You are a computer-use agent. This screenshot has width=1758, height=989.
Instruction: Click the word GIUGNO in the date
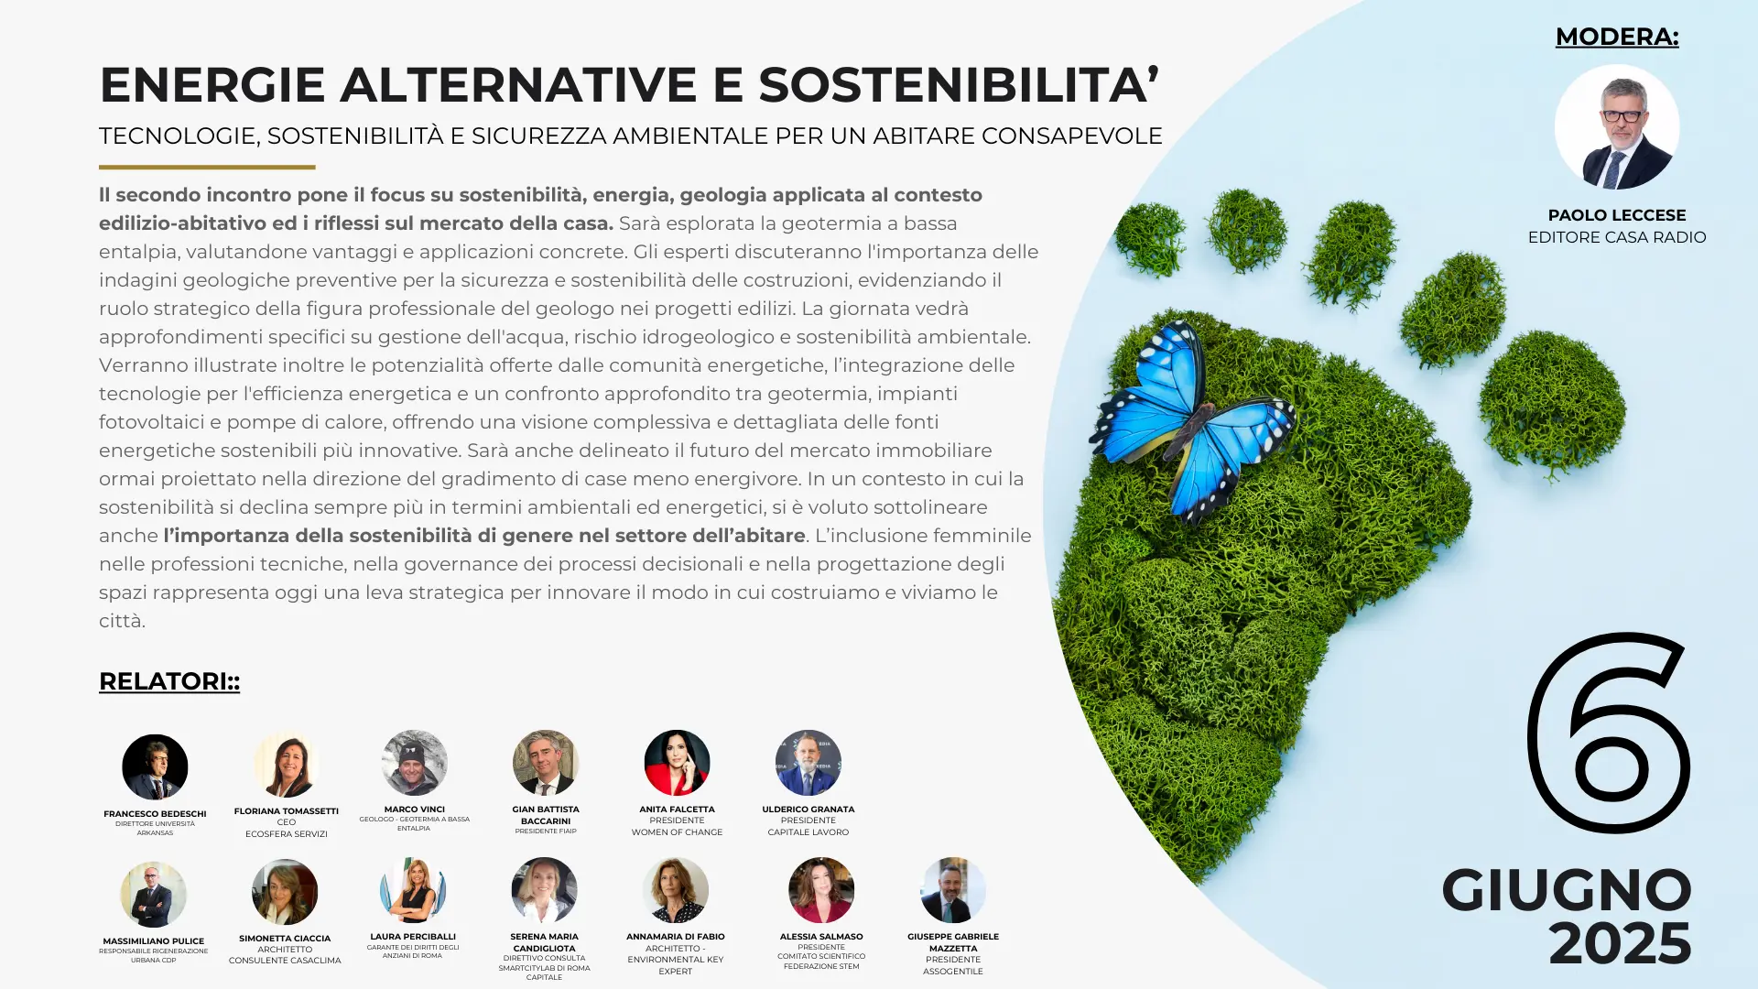[1567, 889]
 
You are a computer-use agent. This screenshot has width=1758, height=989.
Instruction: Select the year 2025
[1620, 943]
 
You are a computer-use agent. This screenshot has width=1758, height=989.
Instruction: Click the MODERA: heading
[1617, 37]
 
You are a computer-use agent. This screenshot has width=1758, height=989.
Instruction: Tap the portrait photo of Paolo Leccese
[1617, 126]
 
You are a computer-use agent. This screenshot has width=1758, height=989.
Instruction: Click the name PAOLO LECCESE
[1617, 215]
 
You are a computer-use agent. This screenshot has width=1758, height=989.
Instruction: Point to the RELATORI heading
[169, 681]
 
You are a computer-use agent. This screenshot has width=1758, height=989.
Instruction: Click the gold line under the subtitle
[207, 167]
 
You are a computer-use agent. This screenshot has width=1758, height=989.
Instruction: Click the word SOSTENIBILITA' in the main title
[959, 84]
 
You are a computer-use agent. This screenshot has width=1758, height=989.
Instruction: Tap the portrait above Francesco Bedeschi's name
[155, 767]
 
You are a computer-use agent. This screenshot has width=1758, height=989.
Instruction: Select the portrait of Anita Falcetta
[677, 763]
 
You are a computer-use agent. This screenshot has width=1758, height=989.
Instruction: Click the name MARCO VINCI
[415, 810]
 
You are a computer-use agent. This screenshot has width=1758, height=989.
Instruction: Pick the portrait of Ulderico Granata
[808, 763]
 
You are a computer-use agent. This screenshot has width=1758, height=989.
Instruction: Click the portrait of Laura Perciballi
[413, 890]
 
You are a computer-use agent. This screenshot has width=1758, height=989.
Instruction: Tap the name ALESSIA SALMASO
[821, 937]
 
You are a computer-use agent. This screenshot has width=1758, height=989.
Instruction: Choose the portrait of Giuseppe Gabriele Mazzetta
[953, 890]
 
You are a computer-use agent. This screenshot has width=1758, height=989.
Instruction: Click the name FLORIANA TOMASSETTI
[287, 811]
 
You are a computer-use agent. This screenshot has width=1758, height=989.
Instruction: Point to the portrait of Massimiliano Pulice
[153, 895]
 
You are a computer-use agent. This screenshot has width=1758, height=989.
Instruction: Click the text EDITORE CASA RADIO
[1617, 237]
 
